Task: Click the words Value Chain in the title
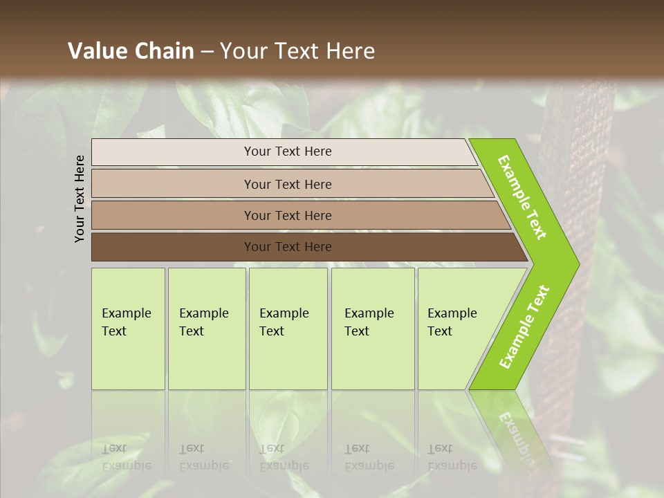click(131, 50)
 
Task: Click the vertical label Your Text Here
click(80, 199)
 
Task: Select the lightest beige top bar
click(207, 152)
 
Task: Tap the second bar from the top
click(207, 184)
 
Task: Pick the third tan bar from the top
click(207, 215)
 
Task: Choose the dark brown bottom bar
click(207, 247)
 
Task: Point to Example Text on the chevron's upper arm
click(522, 197)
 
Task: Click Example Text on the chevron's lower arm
click(524, 326)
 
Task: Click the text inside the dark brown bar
click(288, 247)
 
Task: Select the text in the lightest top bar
click(288, 151)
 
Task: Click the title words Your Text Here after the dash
click(297, 50)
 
